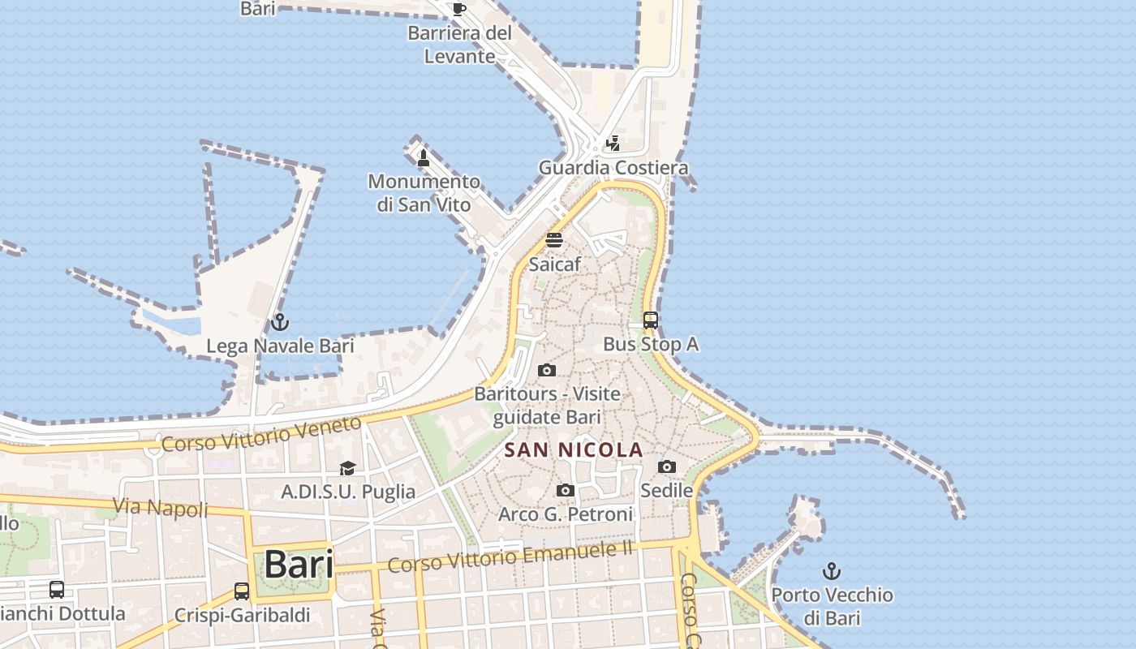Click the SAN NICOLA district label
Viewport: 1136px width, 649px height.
(x=574, y=449)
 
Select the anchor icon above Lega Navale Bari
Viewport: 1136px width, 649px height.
(x=279, y=322)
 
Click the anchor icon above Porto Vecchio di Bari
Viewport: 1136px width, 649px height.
(x=831, y=571)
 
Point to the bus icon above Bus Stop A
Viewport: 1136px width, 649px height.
(x=650, y=320)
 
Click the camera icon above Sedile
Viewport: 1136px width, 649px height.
(x=666, y=466)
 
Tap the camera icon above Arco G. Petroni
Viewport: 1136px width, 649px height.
(x=566, y=490)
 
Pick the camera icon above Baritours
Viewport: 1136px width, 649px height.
(x=547, y=370)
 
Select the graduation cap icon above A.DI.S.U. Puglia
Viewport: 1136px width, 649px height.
(x=347, y=468)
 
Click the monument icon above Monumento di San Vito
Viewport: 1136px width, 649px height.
(x=423, y=157)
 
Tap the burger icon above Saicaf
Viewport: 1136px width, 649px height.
(x=554, y=240)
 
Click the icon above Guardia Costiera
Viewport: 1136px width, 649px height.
(x=613, y=144)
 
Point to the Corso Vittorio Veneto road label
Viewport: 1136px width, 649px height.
(x=260, y=434)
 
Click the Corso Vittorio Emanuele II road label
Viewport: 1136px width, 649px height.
(x=510, y=557)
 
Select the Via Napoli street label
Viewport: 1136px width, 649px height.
(x=160, y=508)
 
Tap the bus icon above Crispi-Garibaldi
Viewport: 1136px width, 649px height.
(x=241, y=591)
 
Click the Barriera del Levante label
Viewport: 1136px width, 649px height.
(x=459, y=45)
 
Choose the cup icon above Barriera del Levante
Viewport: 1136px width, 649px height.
(x=458, y=10)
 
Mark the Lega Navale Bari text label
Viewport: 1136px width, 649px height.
(x=280, y=346)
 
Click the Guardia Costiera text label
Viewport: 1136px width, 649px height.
(x=613, y=168)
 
